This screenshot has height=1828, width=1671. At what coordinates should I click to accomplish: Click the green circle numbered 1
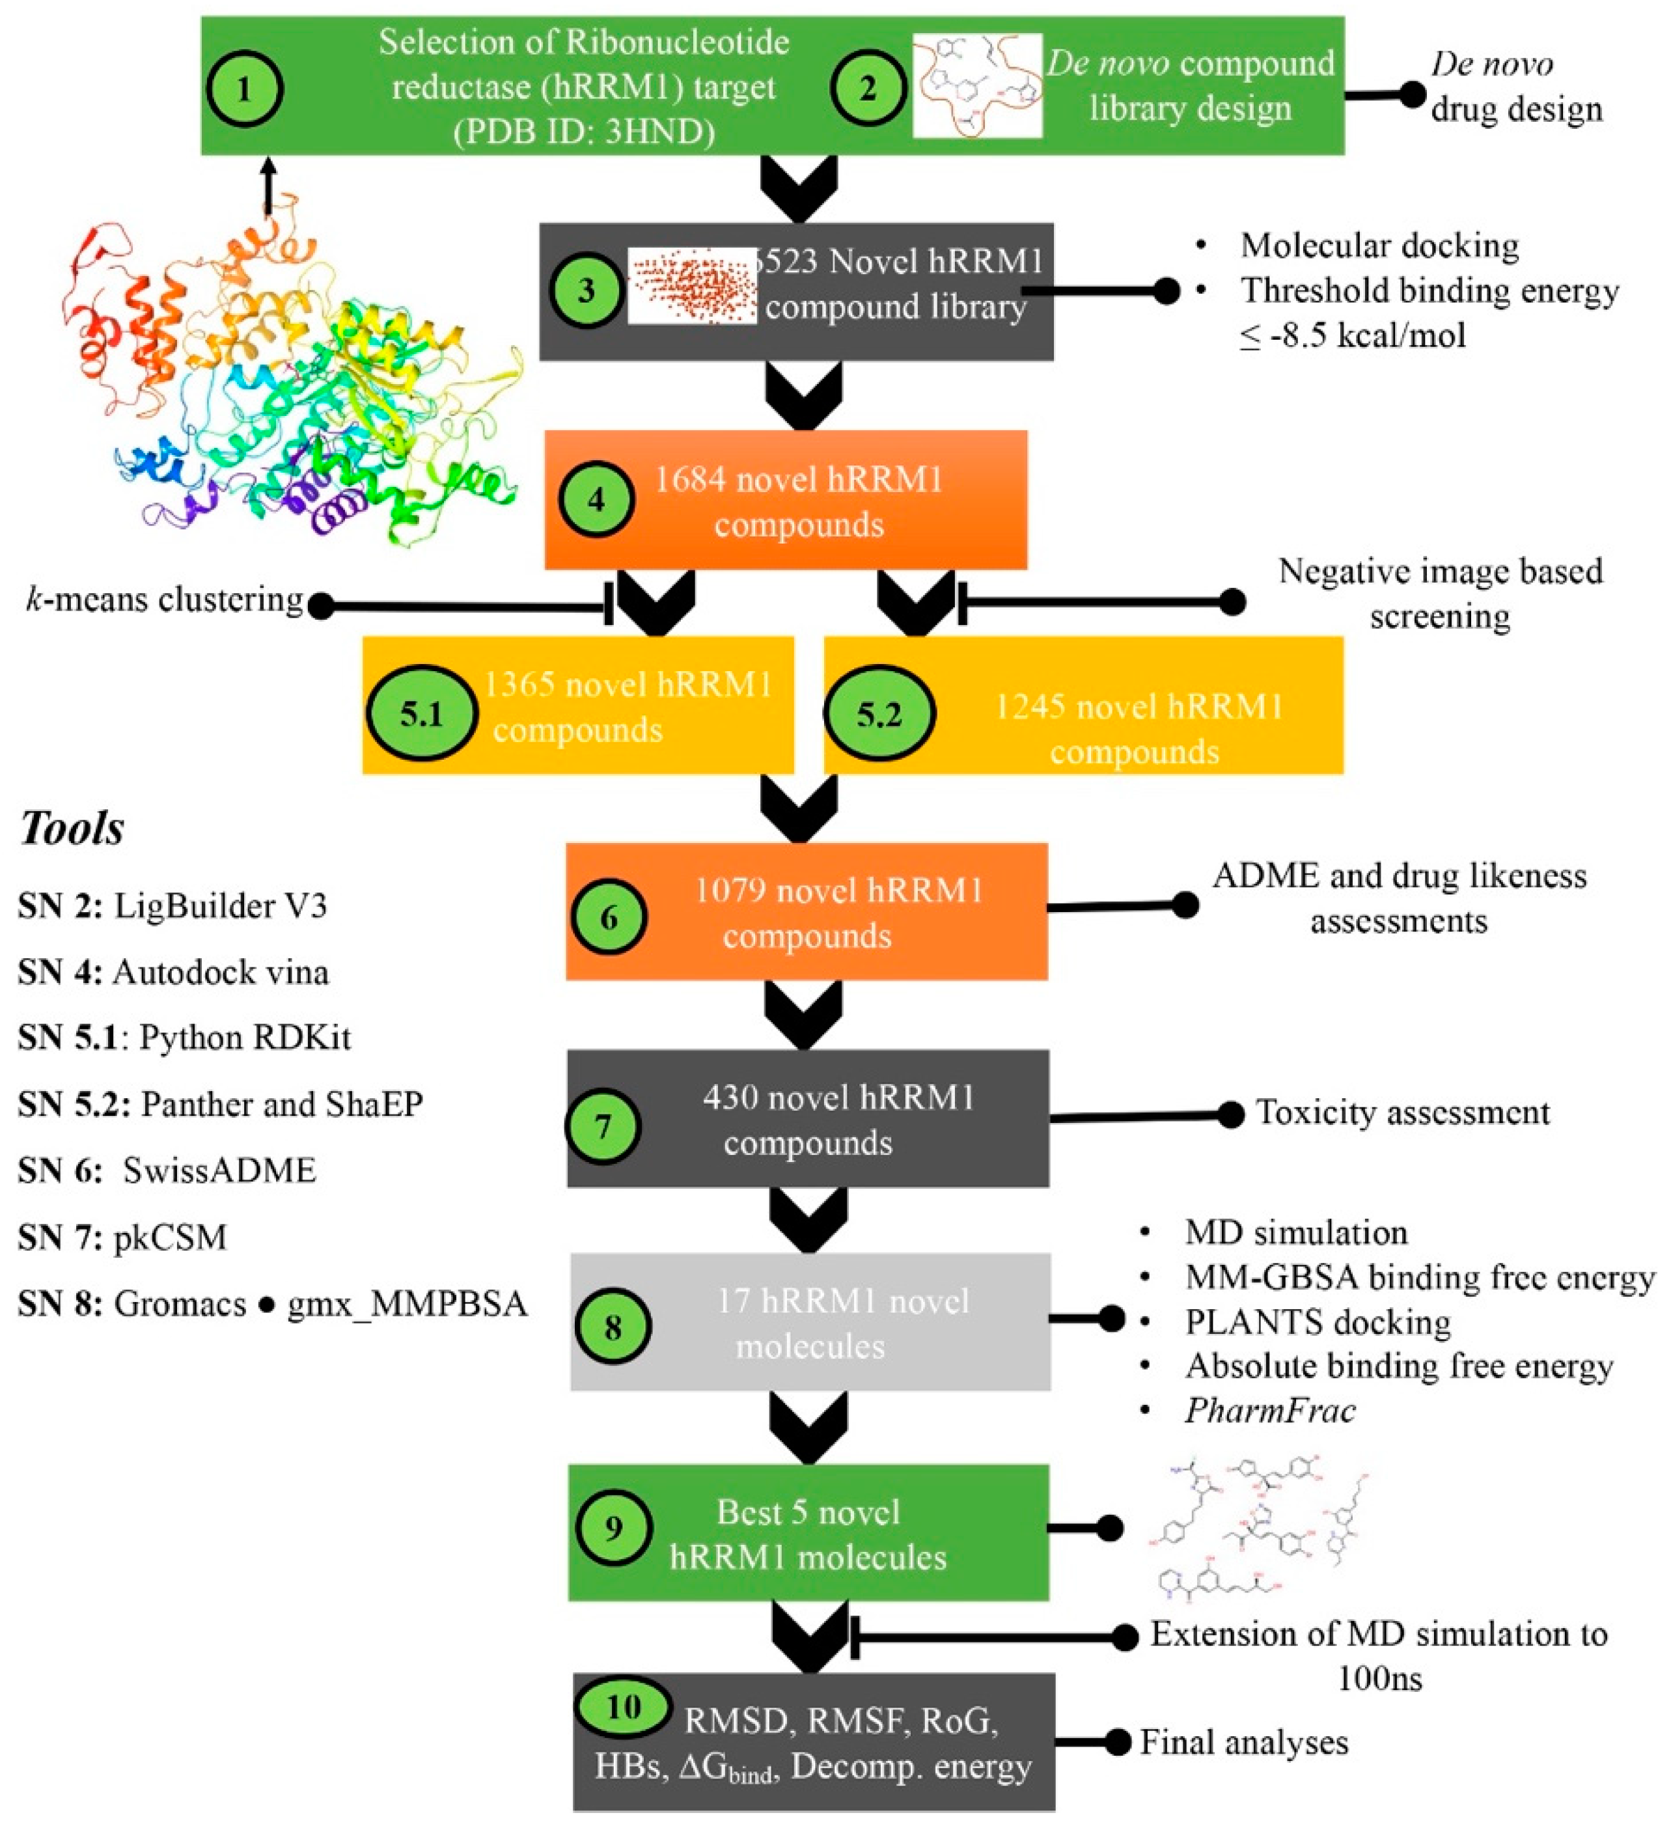(245, 89)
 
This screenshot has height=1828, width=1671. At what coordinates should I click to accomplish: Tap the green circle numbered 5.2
(879, 713)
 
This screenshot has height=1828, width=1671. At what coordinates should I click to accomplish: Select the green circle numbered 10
(624, 1706)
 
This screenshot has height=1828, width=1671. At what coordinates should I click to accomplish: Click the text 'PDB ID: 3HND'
(584, 132)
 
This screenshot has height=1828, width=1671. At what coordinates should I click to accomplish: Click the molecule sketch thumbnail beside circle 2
(976, 86)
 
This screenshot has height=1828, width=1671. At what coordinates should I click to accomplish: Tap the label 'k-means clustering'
(164, 600)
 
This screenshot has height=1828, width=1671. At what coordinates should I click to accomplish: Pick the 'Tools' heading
(72, 828)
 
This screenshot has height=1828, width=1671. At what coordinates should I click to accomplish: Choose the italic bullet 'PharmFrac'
(1269, 1410)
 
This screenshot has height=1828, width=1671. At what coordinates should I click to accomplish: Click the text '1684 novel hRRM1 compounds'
(798, 501)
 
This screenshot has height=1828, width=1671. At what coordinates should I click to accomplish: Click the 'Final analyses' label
(1243, 1742)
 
